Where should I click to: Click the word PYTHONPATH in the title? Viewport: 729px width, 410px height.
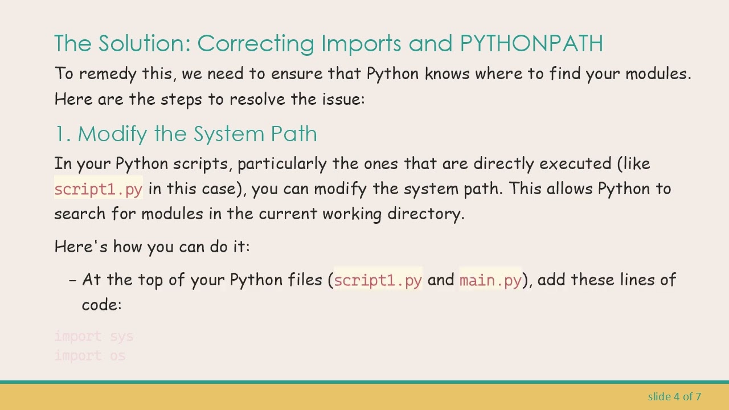(531, 43)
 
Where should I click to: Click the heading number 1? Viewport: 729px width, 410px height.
(62, 134)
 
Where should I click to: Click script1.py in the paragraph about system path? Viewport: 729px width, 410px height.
(98, 189)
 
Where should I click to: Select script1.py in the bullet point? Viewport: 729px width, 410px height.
(378, 280)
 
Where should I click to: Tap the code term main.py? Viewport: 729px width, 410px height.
(490, 280)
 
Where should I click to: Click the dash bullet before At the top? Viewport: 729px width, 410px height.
(72, 280)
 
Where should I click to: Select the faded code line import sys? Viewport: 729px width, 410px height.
(94, 337)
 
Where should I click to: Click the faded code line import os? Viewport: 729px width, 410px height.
(90, 356)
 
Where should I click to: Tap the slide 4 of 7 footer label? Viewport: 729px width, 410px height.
(674, 396)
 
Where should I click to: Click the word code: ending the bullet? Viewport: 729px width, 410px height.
(101, 305)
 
